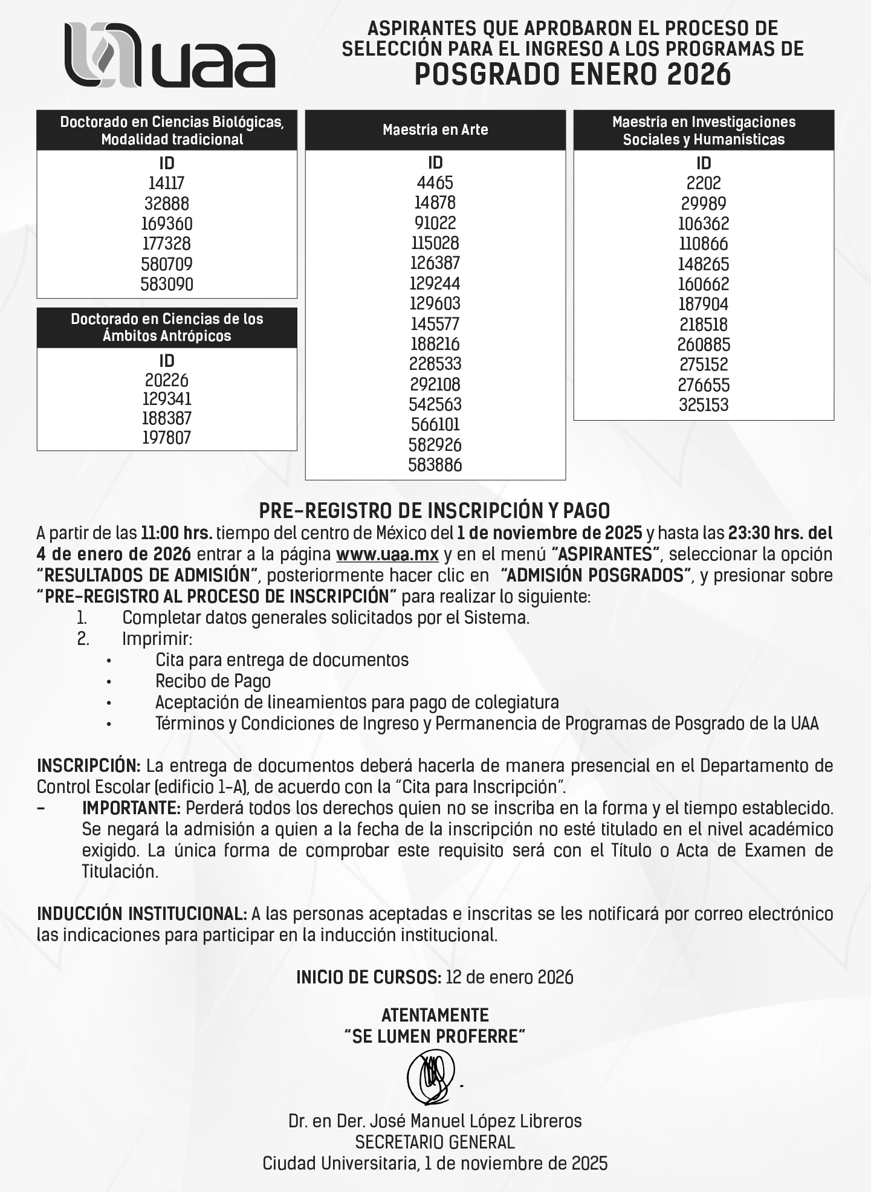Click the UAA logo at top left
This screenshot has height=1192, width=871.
[x=169, y=55]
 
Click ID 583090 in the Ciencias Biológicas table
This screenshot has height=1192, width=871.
[x=167, y=284]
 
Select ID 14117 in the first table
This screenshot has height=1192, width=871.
[x=166, y=183]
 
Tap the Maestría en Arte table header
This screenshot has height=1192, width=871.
[x=435, y=129]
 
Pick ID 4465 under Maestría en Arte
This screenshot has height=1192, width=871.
[x=435, y=183]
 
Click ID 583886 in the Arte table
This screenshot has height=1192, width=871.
[x=435, y=465]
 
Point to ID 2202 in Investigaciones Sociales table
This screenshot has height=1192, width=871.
[x=704, y=183]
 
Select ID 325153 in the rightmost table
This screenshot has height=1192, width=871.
[x=704, y=405]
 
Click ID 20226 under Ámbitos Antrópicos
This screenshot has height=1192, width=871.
[x=167, y=380]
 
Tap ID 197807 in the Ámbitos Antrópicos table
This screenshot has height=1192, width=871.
[x=167, y=438]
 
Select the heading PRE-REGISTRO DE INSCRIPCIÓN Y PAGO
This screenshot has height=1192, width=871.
[x=435, y=511]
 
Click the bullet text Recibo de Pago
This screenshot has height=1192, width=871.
[x=213, y=681]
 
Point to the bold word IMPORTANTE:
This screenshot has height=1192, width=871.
[x=131, y=808]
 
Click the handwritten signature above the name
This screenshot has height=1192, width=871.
[x=430, y=1078]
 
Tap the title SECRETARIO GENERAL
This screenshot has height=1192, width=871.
[x=435, y=1142]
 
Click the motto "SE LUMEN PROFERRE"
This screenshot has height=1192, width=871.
[x=435, y=1037]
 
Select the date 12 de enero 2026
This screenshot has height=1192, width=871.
[x=509, y=977]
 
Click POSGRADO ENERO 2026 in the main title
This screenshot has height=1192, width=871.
[x=572, y=74]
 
